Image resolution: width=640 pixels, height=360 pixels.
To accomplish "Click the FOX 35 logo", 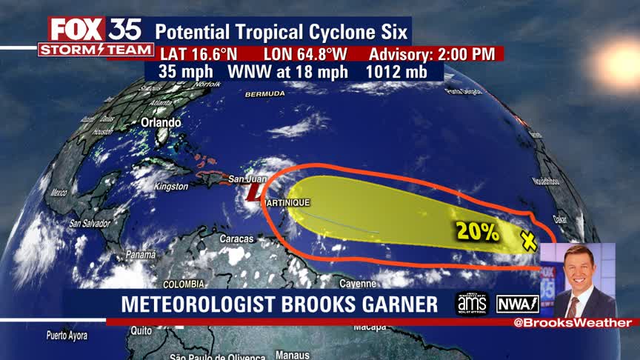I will point(95,30).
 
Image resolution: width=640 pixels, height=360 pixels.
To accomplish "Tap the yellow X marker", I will point(528,240).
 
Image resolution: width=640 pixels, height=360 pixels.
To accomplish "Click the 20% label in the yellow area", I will point(478,231).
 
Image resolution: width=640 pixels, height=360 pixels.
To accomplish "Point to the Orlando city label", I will point(161,122).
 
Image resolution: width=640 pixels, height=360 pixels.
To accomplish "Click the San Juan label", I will point(246,179).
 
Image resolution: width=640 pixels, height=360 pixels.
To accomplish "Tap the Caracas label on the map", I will point(236,239).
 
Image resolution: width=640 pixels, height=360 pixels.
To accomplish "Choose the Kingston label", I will point(171,187).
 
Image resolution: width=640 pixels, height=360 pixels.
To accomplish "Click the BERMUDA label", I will point(264,94).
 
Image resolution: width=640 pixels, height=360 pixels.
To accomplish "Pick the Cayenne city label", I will point(359,284).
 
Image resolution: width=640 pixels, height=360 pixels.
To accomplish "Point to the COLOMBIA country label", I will point(184,284).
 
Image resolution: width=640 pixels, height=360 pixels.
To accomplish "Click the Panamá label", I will point(141,255).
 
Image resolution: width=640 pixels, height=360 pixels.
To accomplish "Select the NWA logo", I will point(517,304).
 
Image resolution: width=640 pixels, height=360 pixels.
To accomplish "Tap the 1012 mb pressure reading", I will point(398,72).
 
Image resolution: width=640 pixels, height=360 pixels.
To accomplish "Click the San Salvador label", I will point(90,223).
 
